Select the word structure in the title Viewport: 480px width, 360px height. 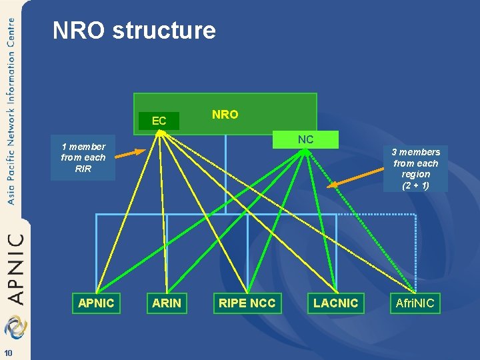164,31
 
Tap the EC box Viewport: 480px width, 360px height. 159,121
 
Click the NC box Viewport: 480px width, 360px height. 305,139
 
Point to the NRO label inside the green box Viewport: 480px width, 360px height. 225,115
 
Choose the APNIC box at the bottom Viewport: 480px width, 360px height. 96,303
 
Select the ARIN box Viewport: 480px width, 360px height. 167,303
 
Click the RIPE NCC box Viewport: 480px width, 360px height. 247,303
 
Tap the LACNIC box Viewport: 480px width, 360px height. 335,303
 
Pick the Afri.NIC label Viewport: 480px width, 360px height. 415,303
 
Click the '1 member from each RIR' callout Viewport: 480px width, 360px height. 83,158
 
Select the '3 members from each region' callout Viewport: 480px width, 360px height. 416,169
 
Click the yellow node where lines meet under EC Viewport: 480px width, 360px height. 160,133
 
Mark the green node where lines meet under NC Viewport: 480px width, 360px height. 305,151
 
